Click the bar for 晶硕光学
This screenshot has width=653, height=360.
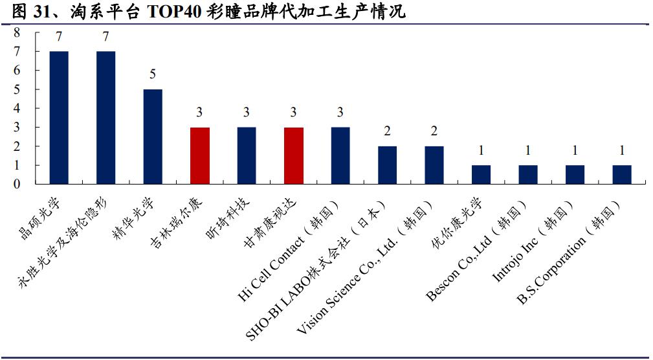[59, 117]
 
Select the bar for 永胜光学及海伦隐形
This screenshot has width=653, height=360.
[105, 117]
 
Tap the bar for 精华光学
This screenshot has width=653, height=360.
[153, 137]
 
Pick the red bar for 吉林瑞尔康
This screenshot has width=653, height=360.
[199, 155]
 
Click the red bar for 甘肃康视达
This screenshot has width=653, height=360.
[293, 155]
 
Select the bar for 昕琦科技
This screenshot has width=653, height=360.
[247, 155]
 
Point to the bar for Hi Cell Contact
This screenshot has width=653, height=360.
[340, 155]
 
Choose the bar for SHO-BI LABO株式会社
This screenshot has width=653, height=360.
[387, 165]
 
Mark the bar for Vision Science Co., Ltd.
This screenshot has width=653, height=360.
[434, 165]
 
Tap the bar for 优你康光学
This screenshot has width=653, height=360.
[481, 174]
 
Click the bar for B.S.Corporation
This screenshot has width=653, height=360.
[622, 174]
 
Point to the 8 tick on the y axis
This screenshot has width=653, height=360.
[17, 32]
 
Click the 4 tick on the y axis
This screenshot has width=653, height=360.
[17, 108]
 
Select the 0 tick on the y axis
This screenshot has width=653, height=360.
[17, 184]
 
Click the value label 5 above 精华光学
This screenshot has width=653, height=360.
[153, 74]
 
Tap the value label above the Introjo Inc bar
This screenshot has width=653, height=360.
[575, 150]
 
